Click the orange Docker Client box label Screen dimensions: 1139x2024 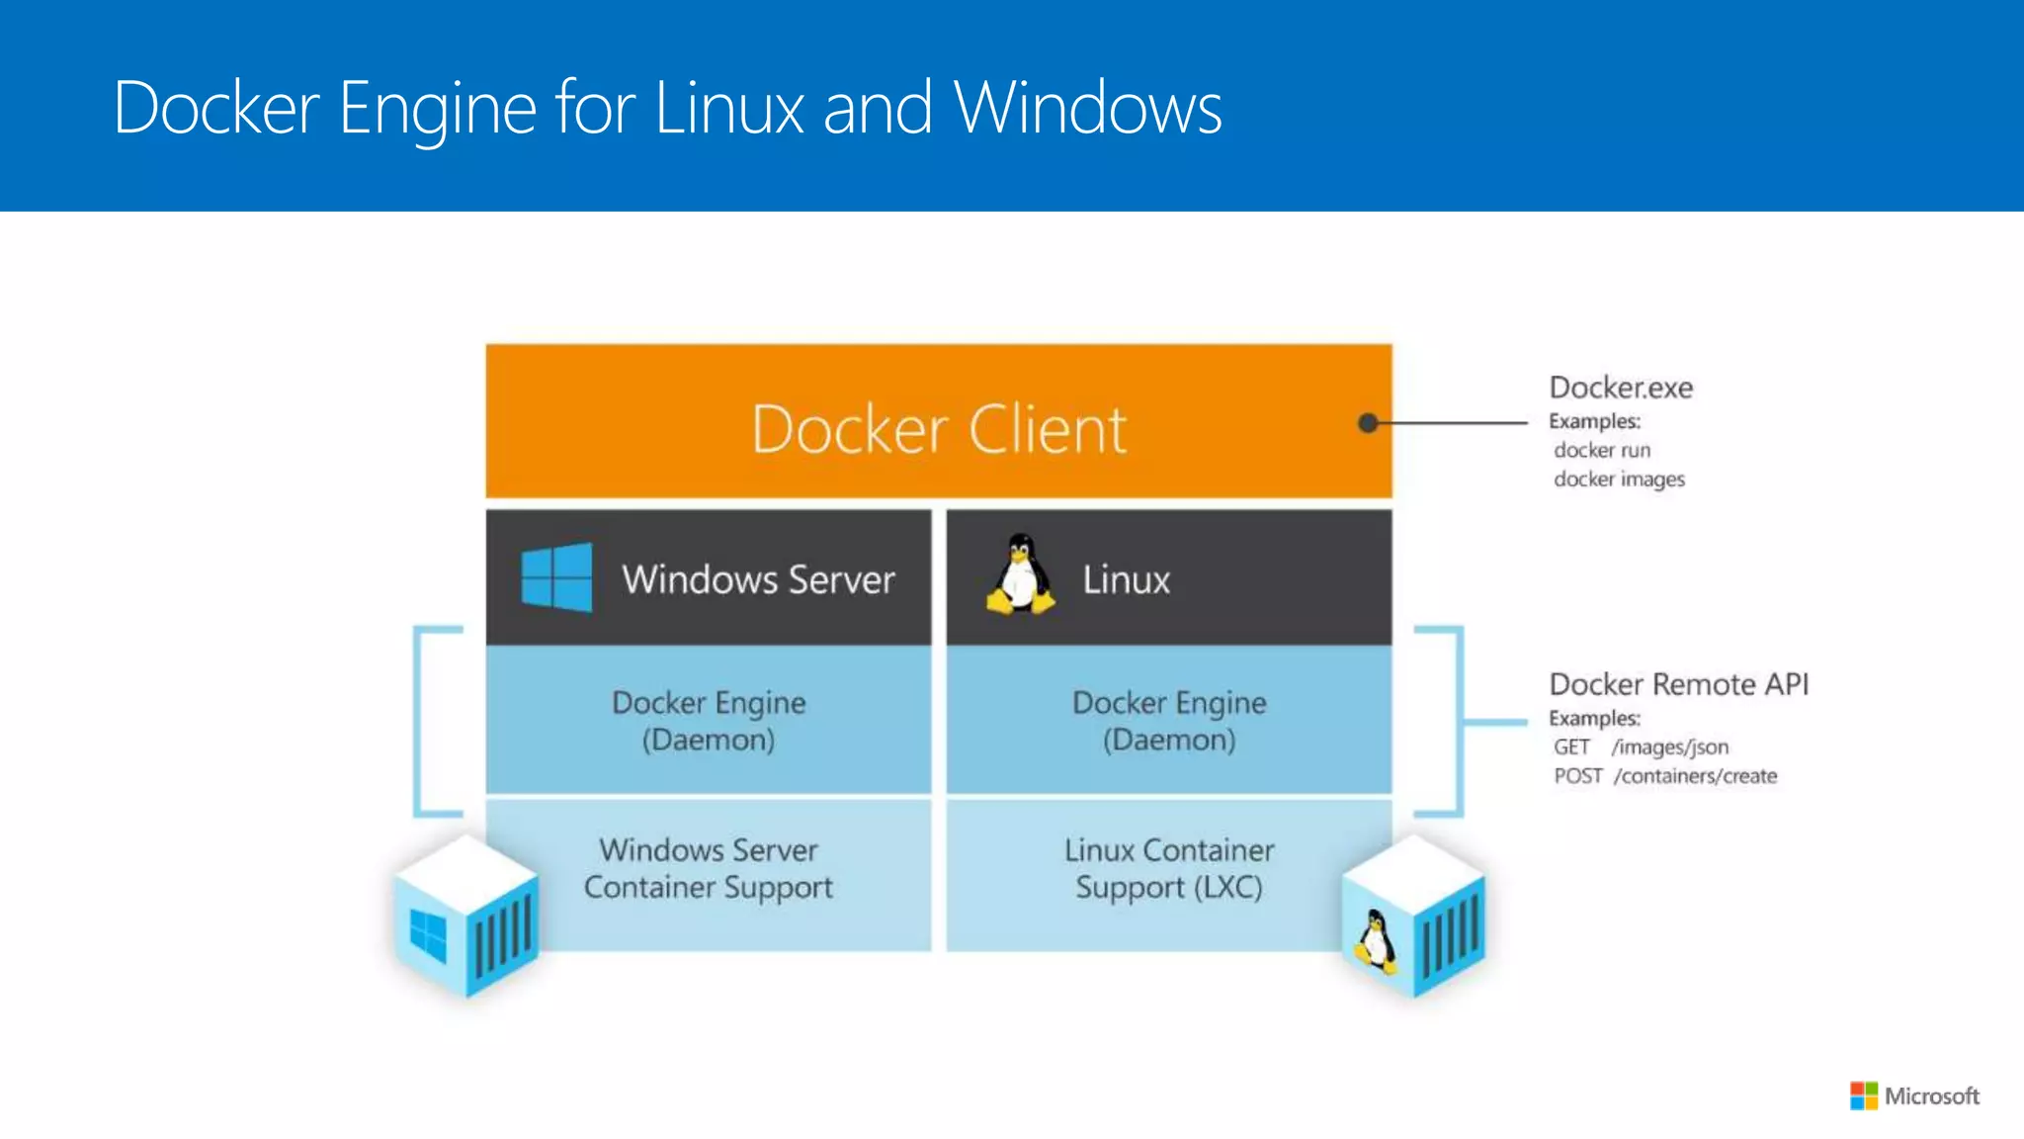(939, 430)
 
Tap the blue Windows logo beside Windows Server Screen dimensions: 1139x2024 (556, 577)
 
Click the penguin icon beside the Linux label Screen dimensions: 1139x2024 (1020, 575)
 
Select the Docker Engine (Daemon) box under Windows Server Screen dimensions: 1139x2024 (709, 721)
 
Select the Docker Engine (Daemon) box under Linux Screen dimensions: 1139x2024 (1169, 721)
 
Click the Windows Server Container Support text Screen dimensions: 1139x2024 (709, 869)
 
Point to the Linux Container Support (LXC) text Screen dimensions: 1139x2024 (1169, 869)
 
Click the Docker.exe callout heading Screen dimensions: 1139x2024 (1621, 388)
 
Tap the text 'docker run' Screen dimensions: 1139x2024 (1602, 451)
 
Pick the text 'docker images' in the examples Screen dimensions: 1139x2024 (1619, 480)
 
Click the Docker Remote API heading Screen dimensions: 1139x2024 (1678, 684)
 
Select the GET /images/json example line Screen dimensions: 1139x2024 (1641, 747)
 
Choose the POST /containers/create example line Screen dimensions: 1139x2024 (1665, 776)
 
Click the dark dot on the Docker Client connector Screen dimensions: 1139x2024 (1368, 423)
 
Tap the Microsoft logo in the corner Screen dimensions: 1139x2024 (1914, 1095)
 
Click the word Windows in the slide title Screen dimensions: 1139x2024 (1088, 108)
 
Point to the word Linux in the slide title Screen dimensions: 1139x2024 (729, 108)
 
